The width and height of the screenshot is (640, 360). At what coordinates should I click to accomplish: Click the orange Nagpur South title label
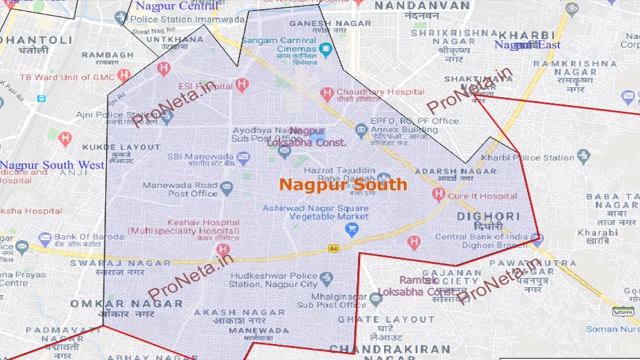342,185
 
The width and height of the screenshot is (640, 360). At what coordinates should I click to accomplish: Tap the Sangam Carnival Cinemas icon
325,48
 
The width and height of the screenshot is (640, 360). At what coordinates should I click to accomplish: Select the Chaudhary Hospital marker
326,93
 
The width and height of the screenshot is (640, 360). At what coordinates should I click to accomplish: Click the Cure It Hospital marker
438,195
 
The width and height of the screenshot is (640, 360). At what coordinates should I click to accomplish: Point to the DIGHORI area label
479,216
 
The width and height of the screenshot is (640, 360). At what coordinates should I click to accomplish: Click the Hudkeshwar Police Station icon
326,279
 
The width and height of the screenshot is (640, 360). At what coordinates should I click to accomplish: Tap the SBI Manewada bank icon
243,157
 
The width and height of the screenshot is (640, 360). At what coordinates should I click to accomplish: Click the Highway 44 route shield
334,249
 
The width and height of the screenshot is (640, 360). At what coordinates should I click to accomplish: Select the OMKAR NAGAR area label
126,304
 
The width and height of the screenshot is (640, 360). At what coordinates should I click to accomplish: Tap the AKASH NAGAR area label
230,312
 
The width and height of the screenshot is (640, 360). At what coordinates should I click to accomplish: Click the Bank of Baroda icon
44,239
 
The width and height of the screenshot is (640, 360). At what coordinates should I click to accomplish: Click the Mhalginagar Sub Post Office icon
375,299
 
